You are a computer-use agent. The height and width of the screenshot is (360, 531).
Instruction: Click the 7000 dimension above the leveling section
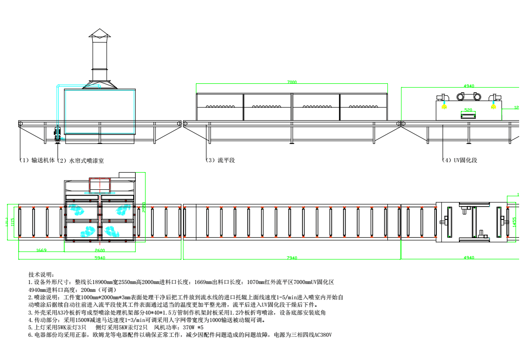pos(292,82)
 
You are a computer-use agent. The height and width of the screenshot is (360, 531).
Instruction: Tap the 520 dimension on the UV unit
pos(468,109)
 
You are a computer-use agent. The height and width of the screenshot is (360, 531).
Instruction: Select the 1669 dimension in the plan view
pos(41,250)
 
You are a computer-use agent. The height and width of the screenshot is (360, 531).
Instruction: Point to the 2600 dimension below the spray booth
pos(100,250)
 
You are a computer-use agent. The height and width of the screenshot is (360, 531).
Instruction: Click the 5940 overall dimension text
pos(100,257)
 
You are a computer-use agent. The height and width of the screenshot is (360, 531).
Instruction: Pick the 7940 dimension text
pos(291,257)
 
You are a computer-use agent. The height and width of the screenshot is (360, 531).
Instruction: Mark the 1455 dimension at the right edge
pos(514,222)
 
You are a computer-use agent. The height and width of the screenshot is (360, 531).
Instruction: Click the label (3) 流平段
pos(220,160)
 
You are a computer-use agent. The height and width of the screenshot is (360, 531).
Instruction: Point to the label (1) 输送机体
pos(37,160)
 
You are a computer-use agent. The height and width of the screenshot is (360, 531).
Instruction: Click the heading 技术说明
pos(42,275)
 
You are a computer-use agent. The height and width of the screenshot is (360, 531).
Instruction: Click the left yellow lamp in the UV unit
pos(444,106)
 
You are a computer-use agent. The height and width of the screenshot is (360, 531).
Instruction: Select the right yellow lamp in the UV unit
pos(493,106)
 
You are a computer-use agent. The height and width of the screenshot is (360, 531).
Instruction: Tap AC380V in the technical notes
pos(321,335)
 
